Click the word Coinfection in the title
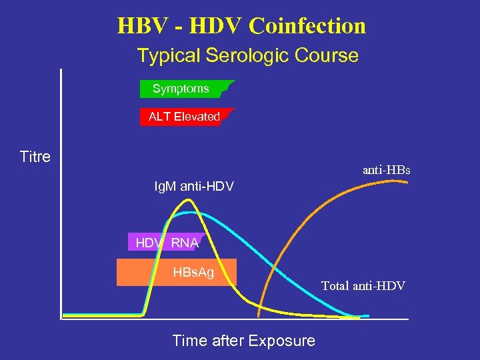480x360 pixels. click(x=307, y=26)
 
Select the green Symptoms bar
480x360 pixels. click(x=184, y=89)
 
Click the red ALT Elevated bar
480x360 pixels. click(x=185, y=117)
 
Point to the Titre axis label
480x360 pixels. click(x=35, y=157)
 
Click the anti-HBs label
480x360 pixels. click(x=386, y=171)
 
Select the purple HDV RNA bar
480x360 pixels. click(x=165, y=243)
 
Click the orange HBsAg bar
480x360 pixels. click(x=177, y=272)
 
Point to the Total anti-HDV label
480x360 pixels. click(x=363, y=286)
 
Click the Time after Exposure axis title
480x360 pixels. click(x=243, y=341)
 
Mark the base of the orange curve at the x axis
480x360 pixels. click(x=259, y=315)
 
